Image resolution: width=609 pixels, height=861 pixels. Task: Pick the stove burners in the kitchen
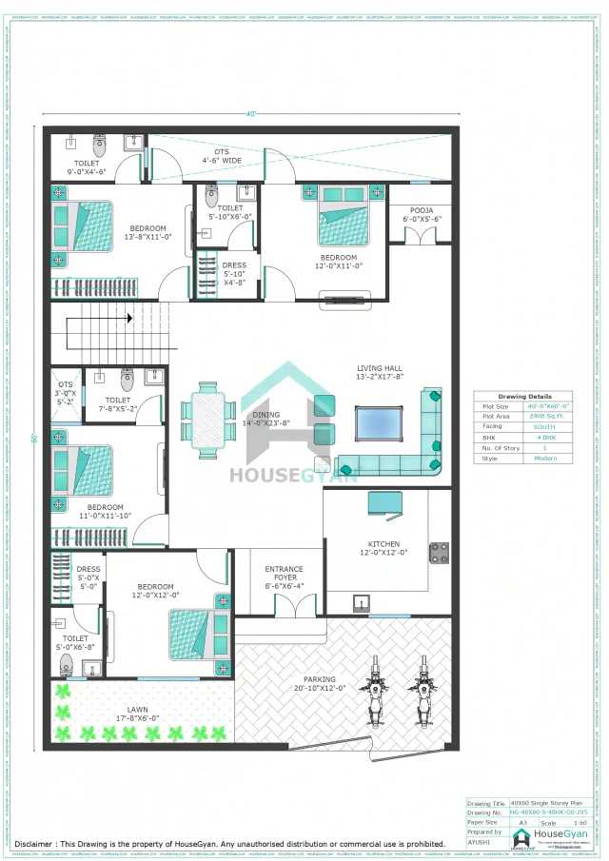[x=440, y=553]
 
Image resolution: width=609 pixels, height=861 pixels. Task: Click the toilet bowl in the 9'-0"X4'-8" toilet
[x=100, y=146]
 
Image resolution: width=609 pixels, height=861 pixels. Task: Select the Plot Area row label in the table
[x=496, y=417]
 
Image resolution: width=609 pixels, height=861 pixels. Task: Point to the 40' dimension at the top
[x=251, y=115]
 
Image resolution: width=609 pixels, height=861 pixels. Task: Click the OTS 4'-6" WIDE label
[x=221, y=157]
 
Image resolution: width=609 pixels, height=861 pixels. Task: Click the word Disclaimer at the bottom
[x=35, y=844]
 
